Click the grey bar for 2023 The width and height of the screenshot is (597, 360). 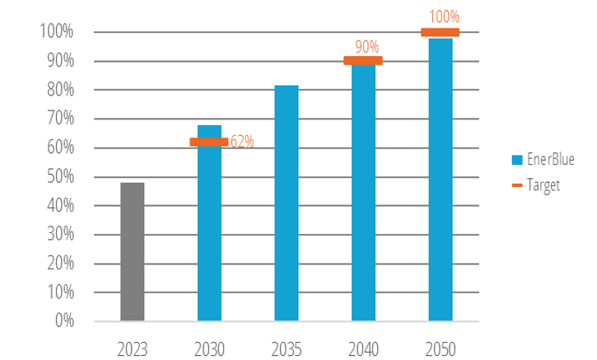tap(132, 251)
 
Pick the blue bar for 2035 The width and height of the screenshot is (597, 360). tap(287, 203)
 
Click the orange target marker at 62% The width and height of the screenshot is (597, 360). tap(209, 142)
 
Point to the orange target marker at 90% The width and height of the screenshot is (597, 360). tap(363, 60)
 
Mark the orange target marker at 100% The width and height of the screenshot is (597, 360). tap(441, 32)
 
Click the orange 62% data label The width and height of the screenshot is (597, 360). tap(241, 142)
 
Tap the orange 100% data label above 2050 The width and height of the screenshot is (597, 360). tap(444, 16)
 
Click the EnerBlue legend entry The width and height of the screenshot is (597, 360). tap(543, 160)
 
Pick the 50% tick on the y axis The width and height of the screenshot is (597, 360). tap(59, 176)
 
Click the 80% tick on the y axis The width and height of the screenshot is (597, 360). tap(59, 90)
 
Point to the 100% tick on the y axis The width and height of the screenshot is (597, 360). tap(56, 32)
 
